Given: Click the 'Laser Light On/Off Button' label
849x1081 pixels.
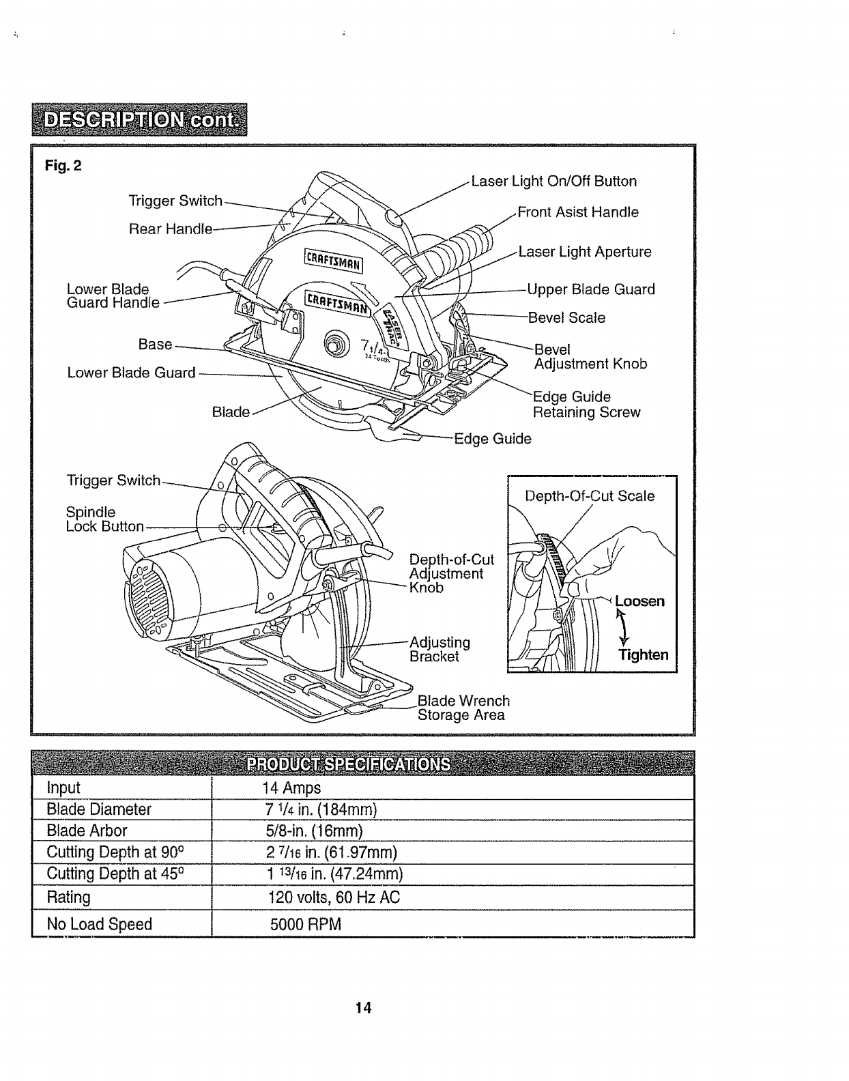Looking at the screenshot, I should click(553, 182).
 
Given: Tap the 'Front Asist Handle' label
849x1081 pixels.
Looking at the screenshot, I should click(578, 212).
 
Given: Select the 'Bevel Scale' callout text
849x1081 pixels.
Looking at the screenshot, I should click(567, 318).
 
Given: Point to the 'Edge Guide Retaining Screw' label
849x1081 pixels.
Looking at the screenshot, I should click(586, 405).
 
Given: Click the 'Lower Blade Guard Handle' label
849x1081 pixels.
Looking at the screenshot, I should click(113, 296).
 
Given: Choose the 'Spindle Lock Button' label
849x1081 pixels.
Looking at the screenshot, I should click(104, 519).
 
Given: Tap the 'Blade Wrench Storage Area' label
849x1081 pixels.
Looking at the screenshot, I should click(463, 708).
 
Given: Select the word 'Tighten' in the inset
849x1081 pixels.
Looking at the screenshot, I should click(643, 655).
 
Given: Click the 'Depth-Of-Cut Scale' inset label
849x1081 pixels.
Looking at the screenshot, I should click(590, 496).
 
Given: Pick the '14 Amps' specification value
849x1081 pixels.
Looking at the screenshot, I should click(291, 788).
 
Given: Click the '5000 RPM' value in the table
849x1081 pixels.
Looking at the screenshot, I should click(305, 925).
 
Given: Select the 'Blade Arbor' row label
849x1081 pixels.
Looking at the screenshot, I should click(87, 831).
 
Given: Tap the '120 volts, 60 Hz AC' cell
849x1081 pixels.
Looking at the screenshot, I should click(334, 897).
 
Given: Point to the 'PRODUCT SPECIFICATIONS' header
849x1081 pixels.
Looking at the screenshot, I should click(349, 764).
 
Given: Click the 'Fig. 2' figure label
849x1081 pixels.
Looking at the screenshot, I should click(63, 166).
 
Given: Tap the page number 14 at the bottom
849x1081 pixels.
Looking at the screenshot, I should click(363, 1007).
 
